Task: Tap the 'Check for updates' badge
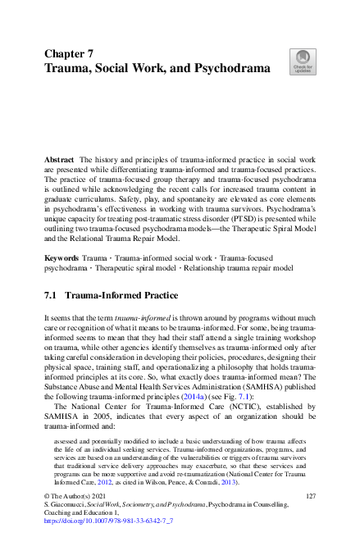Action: (x=302, y=61)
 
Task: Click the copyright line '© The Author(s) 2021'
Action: (x=78, y=497)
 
